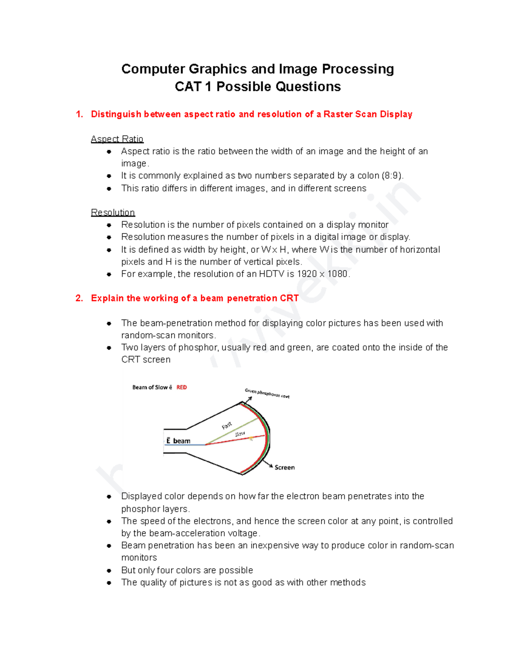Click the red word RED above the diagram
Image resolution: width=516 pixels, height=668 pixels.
click(181, 387)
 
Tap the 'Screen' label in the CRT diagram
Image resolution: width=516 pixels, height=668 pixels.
click(285, 468)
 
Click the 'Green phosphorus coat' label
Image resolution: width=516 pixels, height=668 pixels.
click(267, 393)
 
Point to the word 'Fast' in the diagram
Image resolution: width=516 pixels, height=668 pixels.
click(227, 425)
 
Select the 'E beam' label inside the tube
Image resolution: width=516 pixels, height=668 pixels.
click(178, 441)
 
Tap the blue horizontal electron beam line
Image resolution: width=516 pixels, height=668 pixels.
click(185, 445)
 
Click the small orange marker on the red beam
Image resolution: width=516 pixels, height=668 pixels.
click(251, 439)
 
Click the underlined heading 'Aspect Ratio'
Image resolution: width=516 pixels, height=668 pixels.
click(117, 139)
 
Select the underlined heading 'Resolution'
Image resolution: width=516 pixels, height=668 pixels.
click(113, 212)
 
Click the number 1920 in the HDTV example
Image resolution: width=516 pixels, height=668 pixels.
click(307, 274)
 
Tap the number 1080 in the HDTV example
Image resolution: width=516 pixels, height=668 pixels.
click(338, 274)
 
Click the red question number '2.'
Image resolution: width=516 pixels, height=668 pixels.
click(79, 298)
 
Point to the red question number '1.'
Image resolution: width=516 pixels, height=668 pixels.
click(79, 114)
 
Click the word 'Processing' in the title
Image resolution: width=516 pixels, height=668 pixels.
click(358, 69)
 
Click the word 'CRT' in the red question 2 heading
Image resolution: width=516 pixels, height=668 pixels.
click(289, 298)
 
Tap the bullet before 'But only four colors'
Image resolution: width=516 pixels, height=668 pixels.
click(109, 571)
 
